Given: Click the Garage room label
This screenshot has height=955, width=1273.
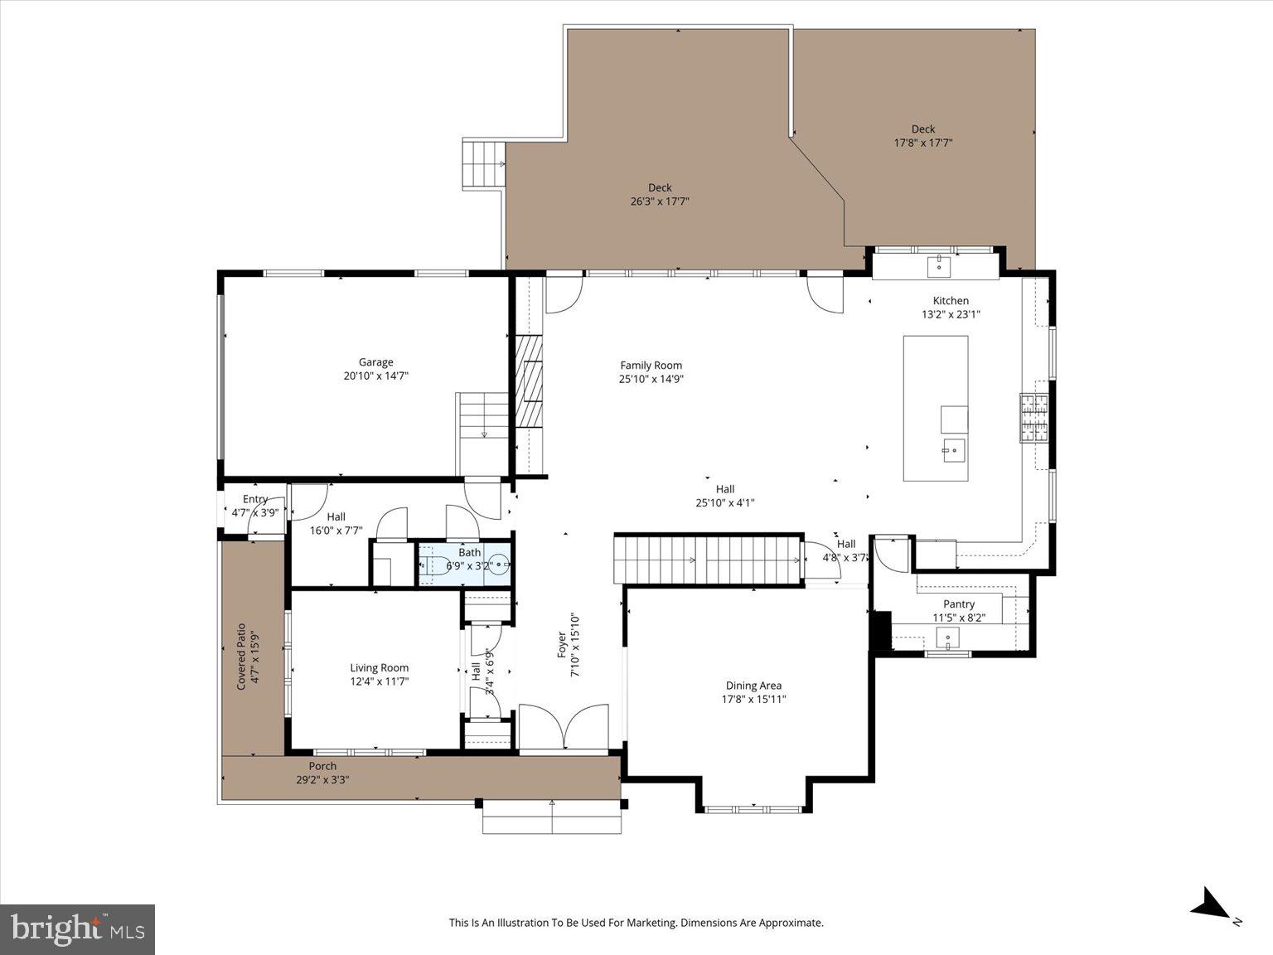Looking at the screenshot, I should pyautogui.click(x=375, y=362).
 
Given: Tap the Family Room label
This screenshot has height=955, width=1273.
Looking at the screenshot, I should pyautogui.click(x=651, y=366).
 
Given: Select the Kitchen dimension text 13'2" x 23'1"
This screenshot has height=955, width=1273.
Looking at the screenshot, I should pyautogui.click(x=951, y=315).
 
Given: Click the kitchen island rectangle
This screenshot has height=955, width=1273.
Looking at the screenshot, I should pyautogui.click(x=935, y=381).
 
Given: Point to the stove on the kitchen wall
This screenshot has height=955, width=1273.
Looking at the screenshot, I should pyautogui.click(x=1033, y=419).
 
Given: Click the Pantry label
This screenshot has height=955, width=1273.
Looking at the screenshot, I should pyautogui.click(x=959, y=604).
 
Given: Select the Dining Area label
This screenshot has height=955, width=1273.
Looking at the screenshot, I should pyautogui.click(x=753, y=686).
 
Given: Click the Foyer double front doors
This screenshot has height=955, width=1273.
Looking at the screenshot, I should pyautogui.click(x=564, y=727).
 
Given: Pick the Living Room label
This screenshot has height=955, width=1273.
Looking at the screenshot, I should pyautogui.click(x=379, y=668).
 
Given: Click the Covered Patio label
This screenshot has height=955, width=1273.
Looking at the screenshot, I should pyautogui.click(x=242, y=657).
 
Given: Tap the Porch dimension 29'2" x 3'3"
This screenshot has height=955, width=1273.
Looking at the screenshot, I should pyautogui.click(x=322, y=780).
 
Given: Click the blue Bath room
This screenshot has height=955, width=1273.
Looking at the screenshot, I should pyautogui.click(x=464, y=565).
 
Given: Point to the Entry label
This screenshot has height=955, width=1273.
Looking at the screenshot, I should pyautogui.click(x=255, y=499).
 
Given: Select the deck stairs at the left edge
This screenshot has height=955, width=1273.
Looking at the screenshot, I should pyautogui.click(x=483, y=164).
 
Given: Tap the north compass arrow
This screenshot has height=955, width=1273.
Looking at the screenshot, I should pyautogui.click(x=1212, y=904).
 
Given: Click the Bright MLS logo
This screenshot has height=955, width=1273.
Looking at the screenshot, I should pyautogui.click(x=78, y=928).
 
